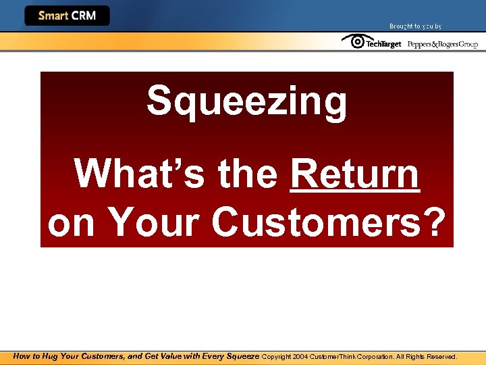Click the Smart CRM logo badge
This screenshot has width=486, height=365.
[x=67, y=16]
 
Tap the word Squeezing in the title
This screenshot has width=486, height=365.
[x=246, y=101]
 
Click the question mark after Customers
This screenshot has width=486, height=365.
[x=435, y=222]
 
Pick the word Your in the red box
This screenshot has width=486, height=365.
[x=156, y=222]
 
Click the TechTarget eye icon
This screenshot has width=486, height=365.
[x=353, y=42]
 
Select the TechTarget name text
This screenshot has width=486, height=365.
[x=383, y=44]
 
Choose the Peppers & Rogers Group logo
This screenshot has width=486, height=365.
[x=442, y=44]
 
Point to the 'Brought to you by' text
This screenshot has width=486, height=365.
[x=415, y=26]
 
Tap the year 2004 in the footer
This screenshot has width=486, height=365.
[x=300, y=356]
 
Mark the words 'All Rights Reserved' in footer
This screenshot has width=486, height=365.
[x=427, y=356]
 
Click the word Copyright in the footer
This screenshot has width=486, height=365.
[x=276, y=356]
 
